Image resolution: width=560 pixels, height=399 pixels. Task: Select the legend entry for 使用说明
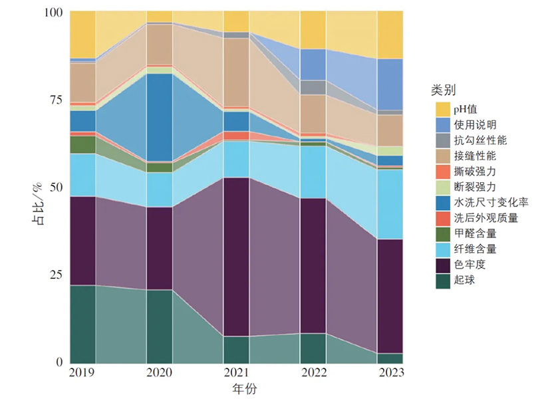coord(473,124)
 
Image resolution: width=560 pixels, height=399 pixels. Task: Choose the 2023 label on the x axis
coord(390,374)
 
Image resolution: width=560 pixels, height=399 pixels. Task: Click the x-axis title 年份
coord(236,388)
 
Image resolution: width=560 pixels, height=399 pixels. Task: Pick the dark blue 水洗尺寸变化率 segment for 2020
coord(160,117)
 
